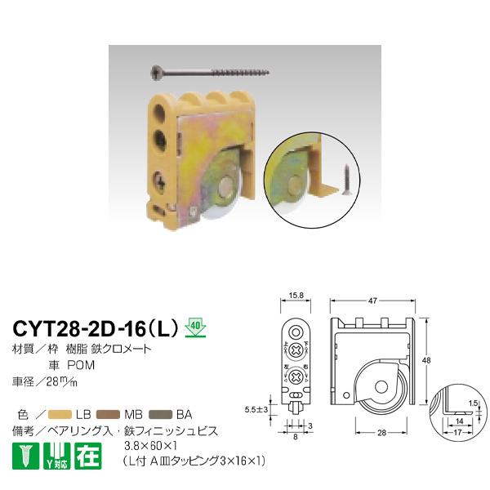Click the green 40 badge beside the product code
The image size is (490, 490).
[194, 325]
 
